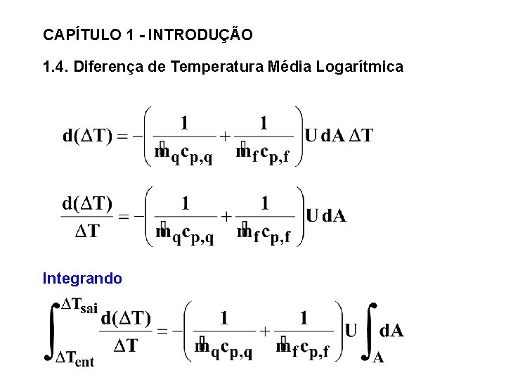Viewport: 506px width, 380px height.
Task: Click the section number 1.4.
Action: (56, 68)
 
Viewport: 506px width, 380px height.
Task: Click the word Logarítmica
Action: (359, 68)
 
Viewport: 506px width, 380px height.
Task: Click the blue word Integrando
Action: (82, 279)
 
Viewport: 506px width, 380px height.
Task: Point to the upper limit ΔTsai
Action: (79, 305)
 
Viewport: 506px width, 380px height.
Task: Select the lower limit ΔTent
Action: (74, 360)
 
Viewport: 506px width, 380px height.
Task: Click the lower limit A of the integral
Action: (378, 357)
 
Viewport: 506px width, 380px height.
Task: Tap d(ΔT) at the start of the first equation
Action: (88, 136)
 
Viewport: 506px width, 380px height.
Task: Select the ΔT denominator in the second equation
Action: (87, 230)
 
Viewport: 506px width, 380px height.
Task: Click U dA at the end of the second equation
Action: (325, 216)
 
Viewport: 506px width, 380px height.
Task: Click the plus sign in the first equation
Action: (225, 137)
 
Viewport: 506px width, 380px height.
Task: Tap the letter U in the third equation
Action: (351, 330)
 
